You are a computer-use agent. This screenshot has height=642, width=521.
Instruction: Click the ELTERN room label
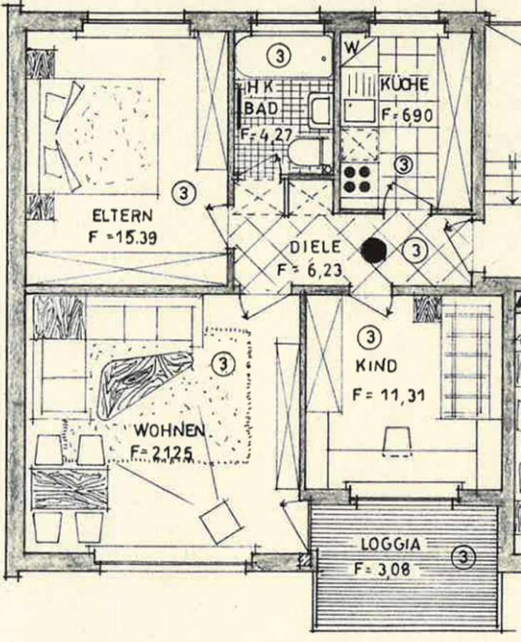(x=122, y=215)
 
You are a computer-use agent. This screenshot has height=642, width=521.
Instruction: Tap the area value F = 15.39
(x=122, y=238)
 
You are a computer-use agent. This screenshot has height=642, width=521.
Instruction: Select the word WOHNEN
(x=170, y=430)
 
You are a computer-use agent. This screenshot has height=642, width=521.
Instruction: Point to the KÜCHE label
(x=405, y=85)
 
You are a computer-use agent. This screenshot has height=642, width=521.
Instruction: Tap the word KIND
(x=376, y=366)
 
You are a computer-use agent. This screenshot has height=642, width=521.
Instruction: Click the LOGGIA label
(x=391, y=544)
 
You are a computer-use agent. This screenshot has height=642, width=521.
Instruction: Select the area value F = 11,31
(x=388, y=395)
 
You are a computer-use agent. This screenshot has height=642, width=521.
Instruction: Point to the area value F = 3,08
(x=382, y=569)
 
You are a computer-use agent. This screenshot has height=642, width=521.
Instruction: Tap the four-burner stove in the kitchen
(x=357, y=180)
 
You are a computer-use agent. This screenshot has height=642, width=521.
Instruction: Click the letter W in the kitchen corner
(x=351, y=48)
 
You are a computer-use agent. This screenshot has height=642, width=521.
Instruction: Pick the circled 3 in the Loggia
(x=463, y=557)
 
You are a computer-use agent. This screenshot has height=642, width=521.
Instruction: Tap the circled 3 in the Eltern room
(x=184, y=192)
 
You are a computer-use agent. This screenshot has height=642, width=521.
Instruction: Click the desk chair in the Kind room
(x=397, y=441)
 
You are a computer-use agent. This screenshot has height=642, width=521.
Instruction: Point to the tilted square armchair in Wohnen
(x=220, y=521)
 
